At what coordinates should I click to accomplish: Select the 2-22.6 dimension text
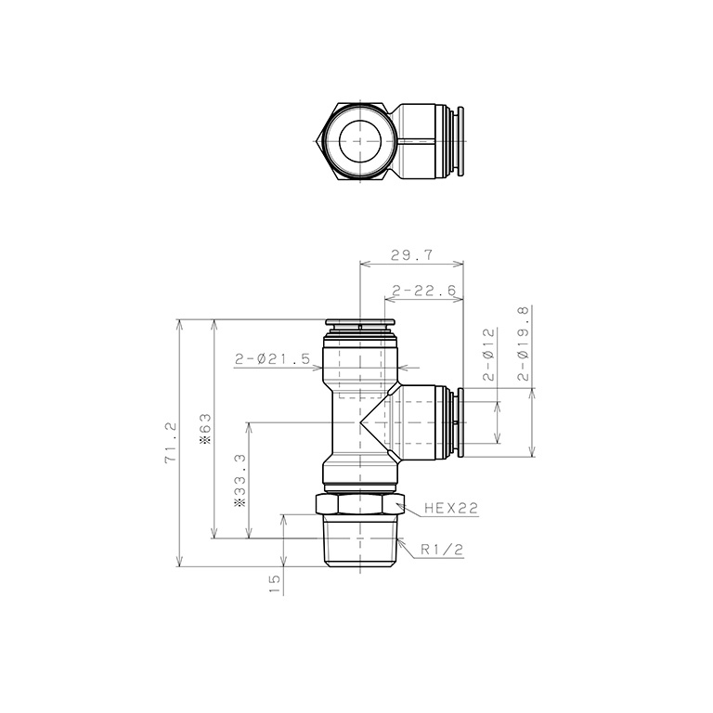pyautogui.click(x=424, y=291)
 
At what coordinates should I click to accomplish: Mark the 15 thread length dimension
pyautogui.click(x=274, y=583)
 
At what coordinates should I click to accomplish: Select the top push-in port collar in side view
pyautogui.click(x=359, y=325)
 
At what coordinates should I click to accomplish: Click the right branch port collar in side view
pyautogui.click(x=457, y=421)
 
